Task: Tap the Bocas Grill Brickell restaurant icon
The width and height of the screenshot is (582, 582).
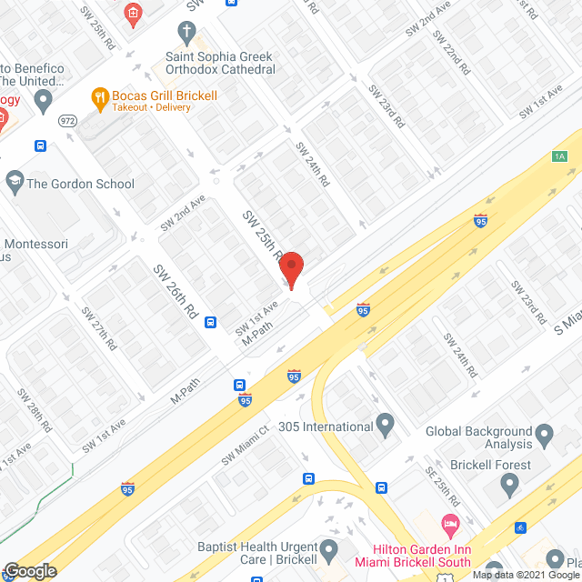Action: click(x=98, y=95)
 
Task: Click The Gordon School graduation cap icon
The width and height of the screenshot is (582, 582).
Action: click(x=14, y=184)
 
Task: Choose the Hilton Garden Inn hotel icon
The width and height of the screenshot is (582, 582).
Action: click(x=448, y=525)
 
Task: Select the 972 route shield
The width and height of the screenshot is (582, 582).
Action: click(x=67, y=120)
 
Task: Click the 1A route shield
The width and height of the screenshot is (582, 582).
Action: click(x=559, y=156)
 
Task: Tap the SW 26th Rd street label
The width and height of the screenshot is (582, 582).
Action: click(x=176, y=290)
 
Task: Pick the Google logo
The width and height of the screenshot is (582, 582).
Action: click(x=29, y=570)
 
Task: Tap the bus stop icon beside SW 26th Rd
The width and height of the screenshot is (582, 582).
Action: click(x=211, y=321)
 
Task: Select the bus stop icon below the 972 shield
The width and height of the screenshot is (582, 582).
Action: click(x=41, y=145)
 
